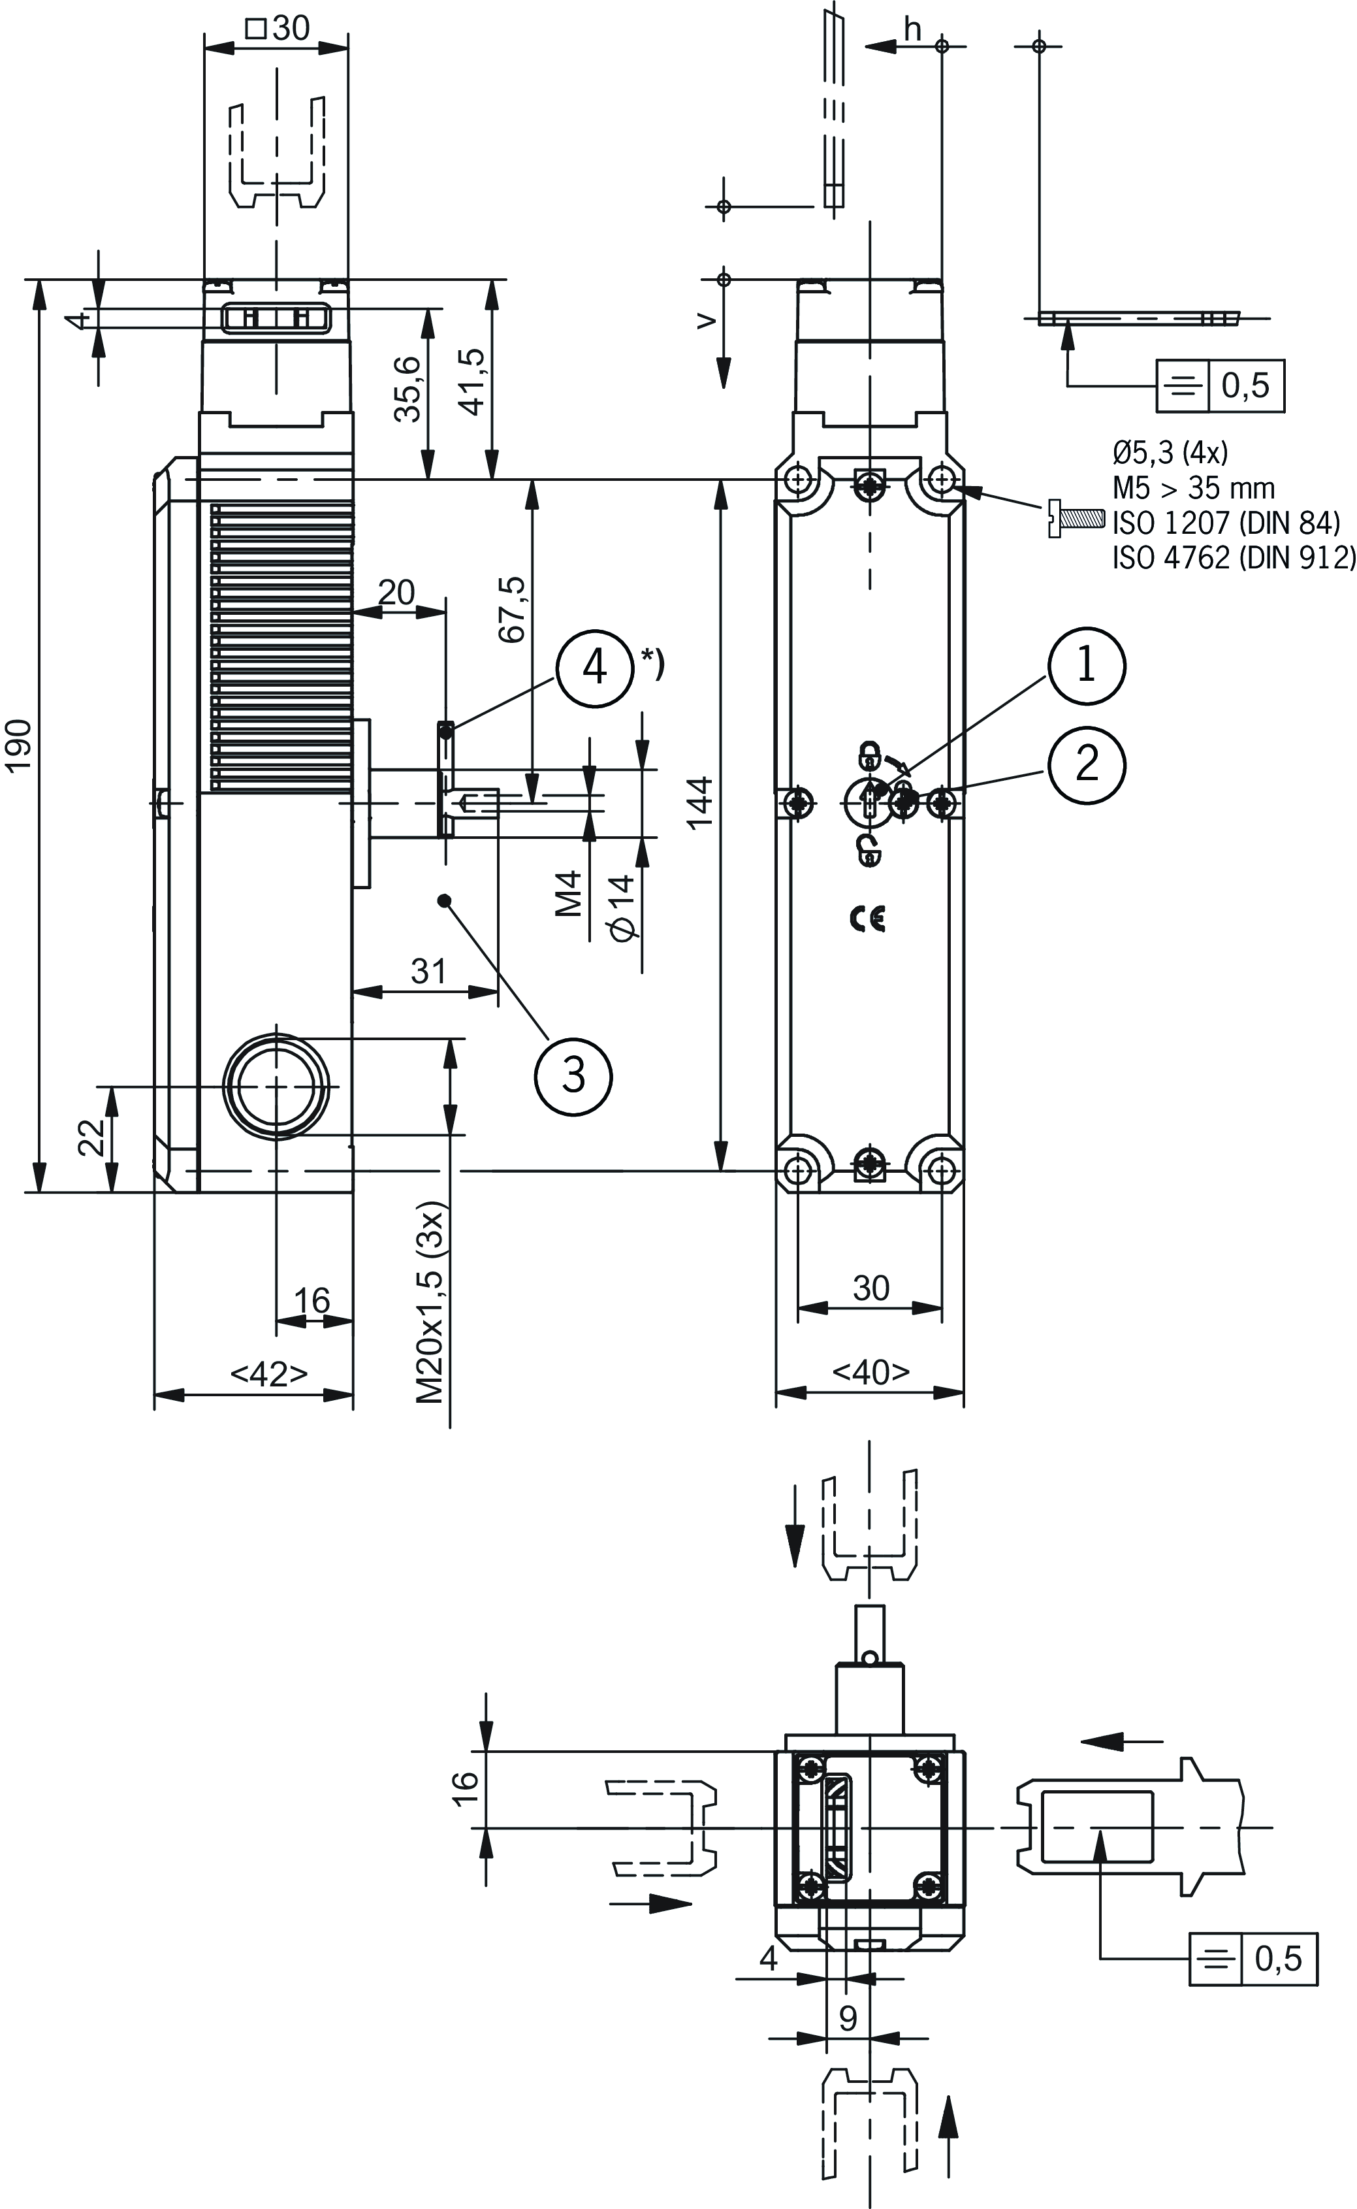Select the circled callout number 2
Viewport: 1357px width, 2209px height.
click(1086, 764)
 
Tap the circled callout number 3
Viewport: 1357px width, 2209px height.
click(573, 1075)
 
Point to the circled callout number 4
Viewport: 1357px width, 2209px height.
click(595, 667)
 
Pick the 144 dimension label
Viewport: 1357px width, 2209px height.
click(700, 801)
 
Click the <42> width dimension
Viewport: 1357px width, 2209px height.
click(269, 1373)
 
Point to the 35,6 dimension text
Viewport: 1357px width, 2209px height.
click(409, 388)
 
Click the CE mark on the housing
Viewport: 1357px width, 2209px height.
click(867, 919)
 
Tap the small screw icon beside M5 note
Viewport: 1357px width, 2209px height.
click(1074, 519)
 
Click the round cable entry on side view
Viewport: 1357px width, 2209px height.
click(276, 1087)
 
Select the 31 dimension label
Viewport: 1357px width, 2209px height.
click(428, 971)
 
